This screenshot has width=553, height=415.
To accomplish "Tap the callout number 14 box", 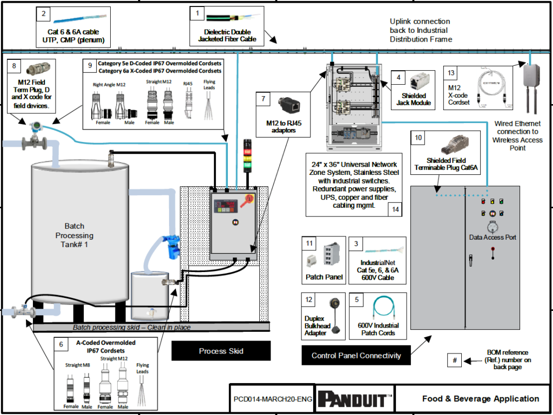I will [x=397, y=209].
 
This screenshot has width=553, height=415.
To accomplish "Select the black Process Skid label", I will [x=221, y=351].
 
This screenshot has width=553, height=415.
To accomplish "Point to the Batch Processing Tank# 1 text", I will [x=75, y=235].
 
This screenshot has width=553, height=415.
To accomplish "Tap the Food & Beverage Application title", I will [x=480, y=399].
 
